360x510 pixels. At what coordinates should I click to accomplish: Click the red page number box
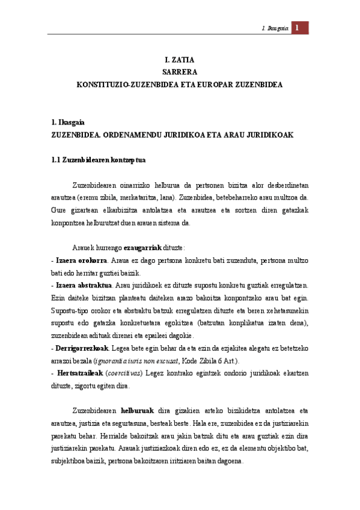click(x=299, y=28)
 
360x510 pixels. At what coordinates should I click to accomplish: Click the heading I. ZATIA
click(x=180, y=60)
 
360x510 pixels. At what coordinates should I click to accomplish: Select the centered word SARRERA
click(x=180, y=72)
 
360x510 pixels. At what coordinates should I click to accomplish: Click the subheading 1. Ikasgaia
click(x=69, y=122)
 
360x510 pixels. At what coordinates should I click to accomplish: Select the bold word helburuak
click(x=139, y=411)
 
